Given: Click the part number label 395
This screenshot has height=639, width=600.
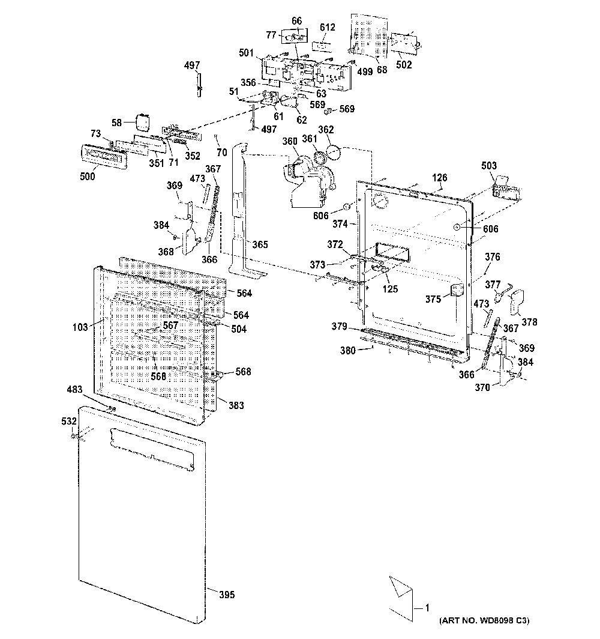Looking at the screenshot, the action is [227, 595].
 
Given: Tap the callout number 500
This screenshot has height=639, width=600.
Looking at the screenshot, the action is [87, 176].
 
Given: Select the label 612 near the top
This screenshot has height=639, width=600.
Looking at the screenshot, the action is [327, 27].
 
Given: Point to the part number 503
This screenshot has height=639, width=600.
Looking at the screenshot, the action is [489, 166].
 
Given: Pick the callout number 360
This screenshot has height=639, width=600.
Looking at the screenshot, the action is [289, 141].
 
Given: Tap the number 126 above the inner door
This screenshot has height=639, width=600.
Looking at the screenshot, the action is [440, 177].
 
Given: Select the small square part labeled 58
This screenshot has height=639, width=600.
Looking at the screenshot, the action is [142, 122].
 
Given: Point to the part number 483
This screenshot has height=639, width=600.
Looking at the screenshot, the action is [74, 390].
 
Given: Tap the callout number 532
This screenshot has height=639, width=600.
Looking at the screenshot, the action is [69, 421].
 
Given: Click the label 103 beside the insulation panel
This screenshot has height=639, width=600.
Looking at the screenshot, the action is [80, 327].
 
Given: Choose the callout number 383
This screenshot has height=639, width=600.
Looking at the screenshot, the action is [236, 405].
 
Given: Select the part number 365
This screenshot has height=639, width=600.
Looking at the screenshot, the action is [260, 244].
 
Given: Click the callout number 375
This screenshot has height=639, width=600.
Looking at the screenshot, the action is [433, 299].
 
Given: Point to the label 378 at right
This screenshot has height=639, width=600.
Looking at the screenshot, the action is [529, 322].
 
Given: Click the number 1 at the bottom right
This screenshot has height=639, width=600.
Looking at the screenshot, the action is [427, 608].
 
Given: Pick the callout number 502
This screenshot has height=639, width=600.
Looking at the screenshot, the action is [404, 64].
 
